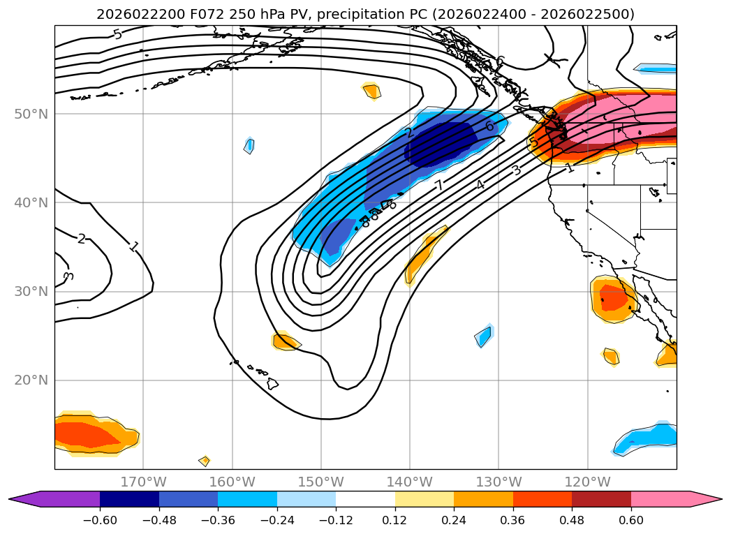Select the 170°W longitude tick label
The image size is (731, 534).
tap(143, 482)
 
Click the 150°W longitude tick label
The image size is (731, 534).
tap(320, 482)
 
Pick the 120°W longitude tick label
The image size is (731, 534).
tap(587, 482)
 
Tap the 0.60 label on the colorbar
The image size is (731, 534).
tap(630, 521)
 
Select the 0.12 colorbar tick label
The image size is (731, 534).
tap(394, 521)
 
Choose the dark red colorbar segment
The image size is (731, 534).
tap(601, 498)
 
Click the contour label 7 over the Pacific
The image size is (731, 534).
tap(438, 186)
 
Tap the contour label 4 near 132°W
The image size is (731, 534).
tap(480, 184)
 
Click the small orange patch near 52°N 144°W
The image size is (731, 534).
tap(371, 91)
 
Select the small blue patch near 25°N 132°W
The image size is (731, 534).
tap(483, 336)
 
